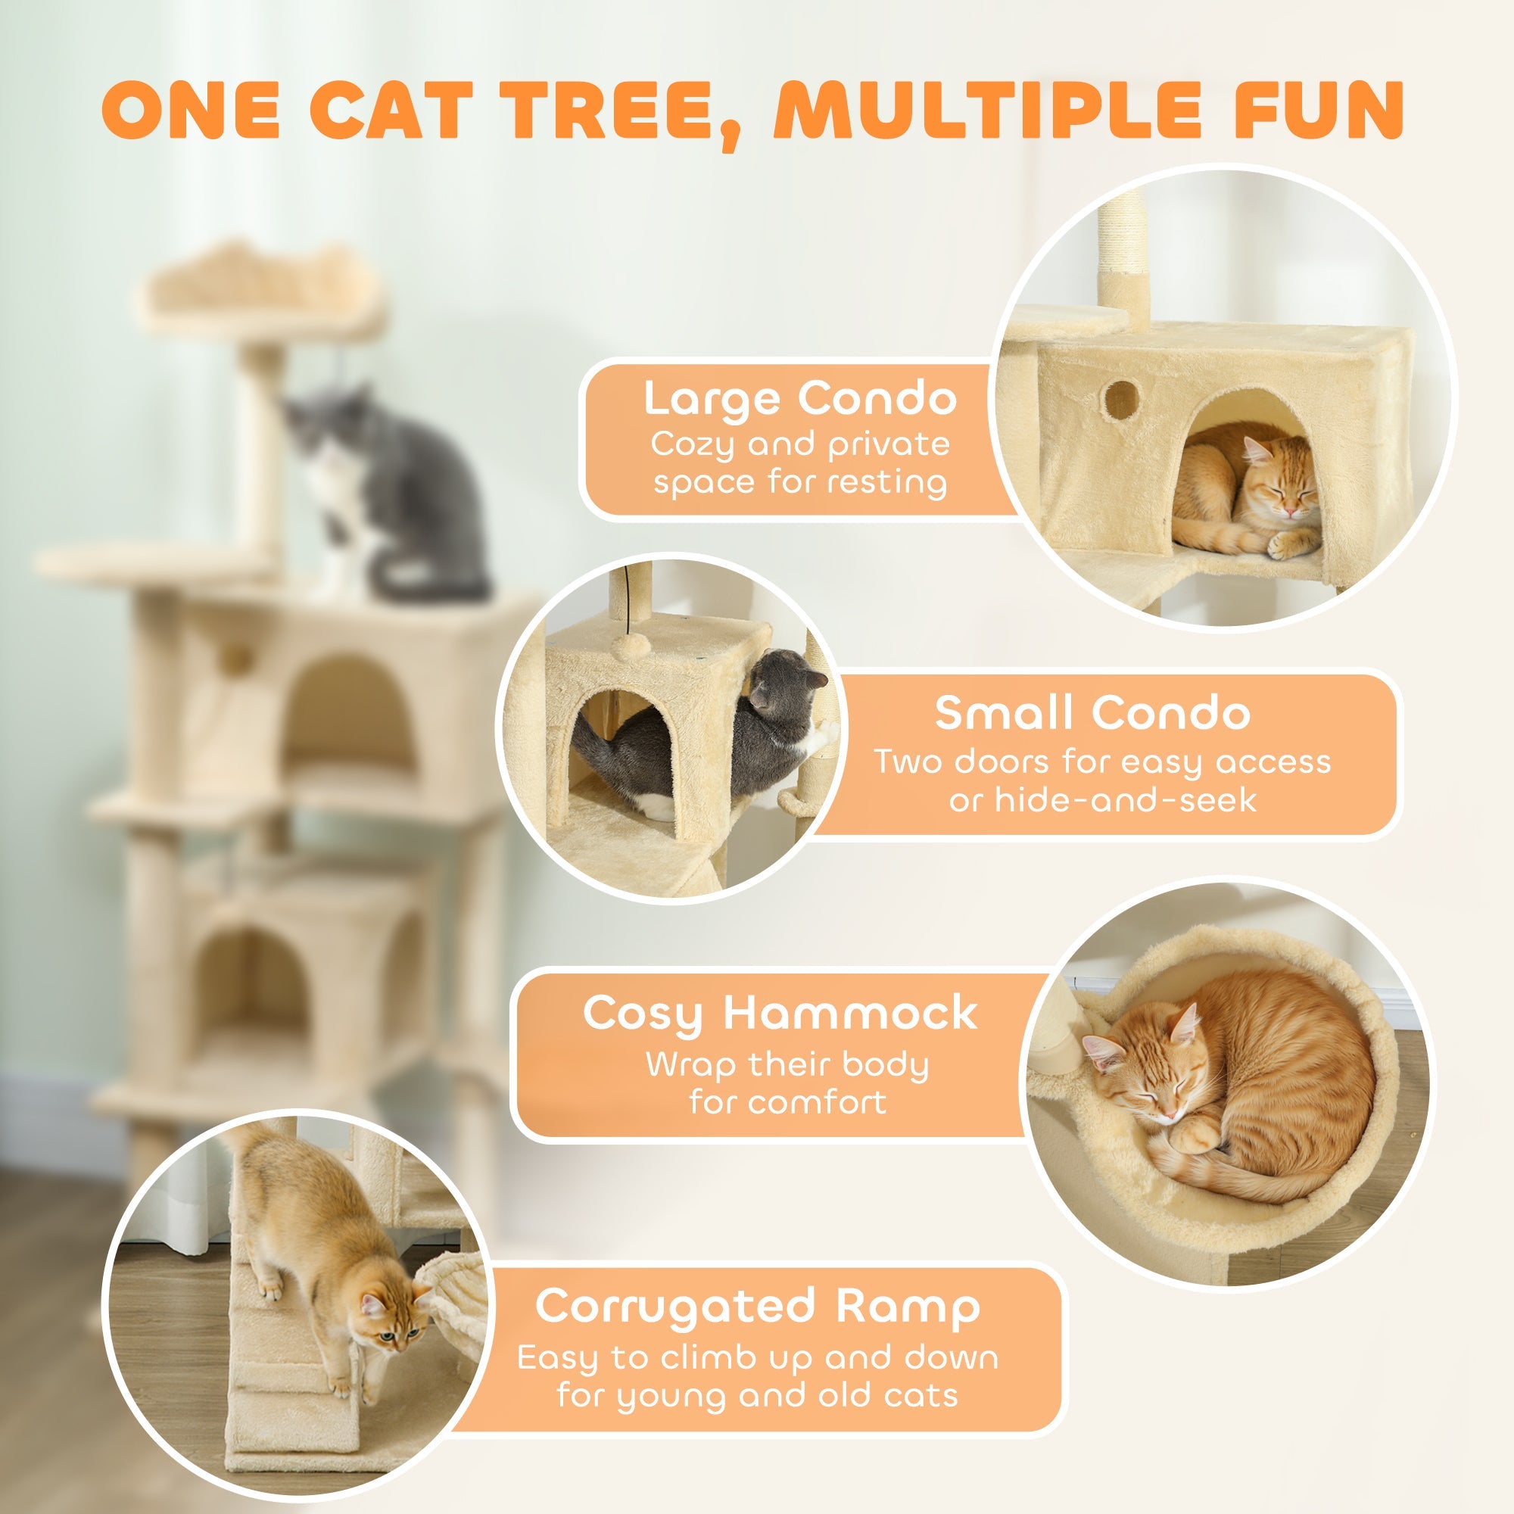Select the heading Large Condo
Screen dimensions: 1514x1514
click(799, 399)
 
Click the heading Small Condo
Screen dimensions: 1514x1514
click(1092, 713)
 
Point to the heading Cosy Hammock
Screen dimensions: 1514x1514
click(780, 1014)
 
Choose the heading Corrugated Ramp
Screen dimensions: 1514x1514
click(757, 1307)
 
